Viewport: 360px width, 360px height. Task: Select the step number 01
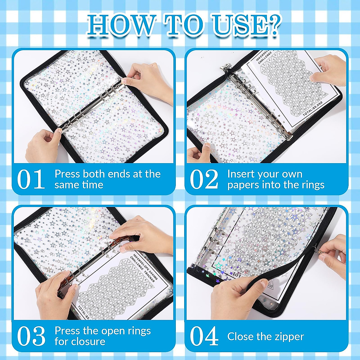tap(31, 179)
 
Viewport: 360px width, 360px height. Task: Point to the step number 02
tap(204, 179)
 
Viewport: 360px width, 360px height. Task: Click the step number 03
tap(31, 336)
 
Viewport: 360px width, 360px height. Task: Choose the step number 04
tap(204, 336)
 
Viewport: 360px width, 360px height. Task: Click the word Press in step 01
tap(67, 174)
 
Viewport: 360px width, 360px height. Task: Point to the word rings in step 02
tap(312, 185)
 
